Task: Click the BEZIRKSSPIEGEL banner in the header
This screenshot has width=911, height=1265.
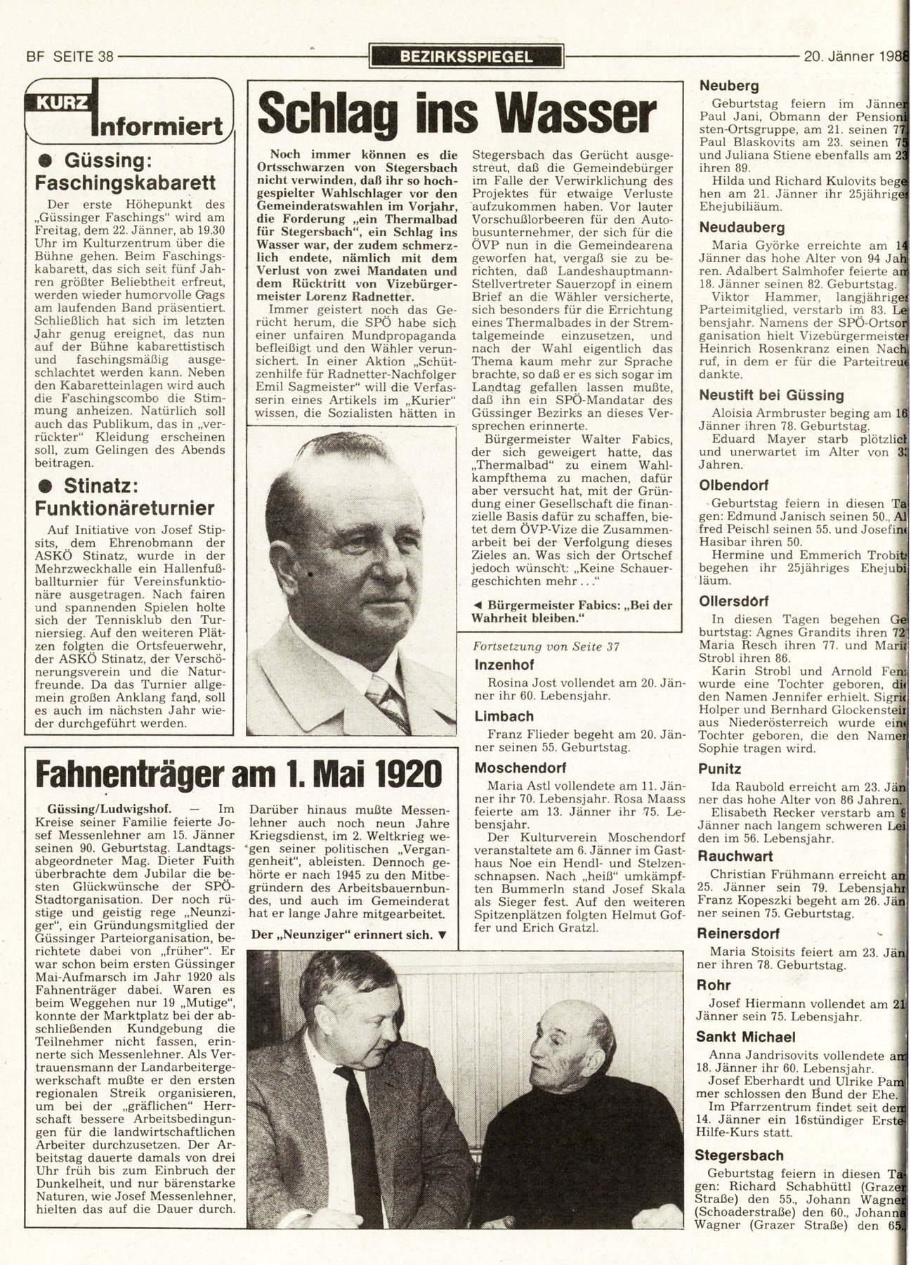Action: [x=466, y=57]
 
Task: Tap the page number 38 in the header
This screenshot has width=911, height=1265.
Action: [x=105, y=57]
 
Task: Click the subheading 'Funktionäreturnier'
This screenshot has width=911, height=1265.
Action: [x=125, y=508]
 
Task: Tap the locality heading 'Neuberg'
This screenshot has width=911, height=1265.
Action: [x=728, y=86]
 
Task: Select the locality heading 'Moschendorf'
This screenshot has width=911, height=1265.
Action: [x=519, y=768]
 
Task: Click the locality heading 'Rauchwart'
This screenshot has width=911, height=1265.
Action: [x=735, y=856]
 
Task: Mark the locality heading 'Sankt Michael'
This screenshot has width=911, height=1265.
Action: [x=745, y=1037]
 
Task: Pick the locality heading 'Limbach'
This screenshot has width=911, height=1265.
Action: [x=504, y=717]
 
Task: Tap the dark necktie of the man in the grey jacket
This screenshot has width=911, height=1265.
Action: [x=362, y=1138]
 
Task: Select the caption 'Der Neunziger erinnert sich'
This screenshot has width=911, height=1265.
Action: [x=348, y=935]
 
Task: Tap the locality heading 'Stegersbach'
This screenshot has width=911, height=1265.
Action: [x=739, y=1155]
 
